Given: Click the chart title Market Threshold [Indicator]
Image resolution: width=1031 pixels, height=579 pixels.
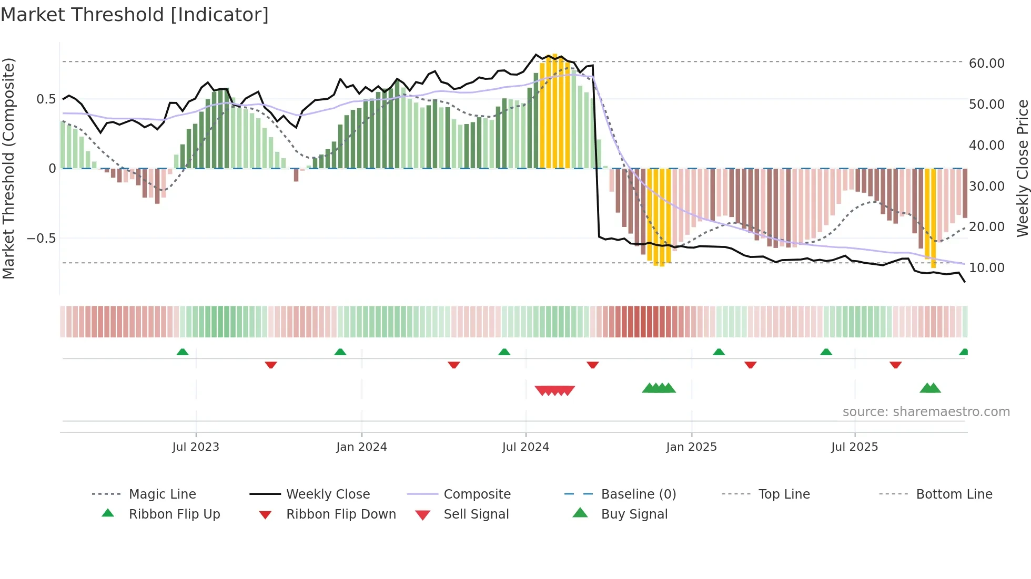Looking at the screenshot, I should (135, 15).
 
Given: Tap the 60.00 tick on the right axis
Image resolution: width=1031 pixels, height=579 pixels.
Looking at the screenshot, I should (986, 64).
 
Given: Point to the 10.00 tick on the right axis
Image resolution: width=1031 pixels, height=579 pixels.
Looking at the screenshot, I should (986, 268).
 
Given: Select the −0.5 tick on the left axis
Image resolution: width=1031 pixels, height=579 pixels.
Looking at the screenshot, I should (41, 239).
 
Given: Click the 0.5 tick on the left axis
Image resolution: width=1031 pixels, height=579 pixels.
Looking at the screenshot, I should (46, 99).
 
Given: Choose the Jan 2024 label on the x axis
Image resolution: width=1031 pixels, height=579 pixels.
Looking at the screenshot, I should (361, 447).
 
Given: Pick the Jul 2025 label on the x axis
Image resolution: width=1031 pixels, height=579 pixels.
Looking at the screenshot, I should (854, 447).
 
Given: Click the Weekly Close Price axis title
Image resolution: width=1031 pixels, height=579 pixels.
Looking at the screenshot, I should (1022, 168).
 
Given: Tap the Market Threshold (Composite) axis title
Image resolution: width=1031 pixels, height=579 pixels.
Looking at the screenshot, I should (8, 168).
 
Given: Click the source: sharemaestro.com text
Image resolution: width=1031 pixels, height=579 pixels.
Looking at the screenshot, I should (926, 412).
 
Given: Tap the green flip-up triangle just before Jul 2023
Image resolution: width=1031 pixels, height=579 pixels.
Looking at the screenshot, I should (183, 352).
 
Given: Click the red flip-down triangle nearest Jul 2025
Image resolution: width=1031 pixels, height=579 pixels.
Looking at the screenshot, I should (895, 365).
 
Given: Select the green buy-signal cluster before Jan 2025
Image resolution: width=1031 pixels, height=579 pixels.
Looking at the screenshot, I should (659, 388).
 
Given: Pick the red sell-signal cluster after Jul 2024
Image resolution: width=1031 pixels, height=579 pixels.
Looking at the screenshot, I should (554, 390).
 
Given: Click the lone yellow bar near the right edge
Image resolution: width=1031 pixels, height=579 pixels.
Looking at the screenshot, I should (930, 218).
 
